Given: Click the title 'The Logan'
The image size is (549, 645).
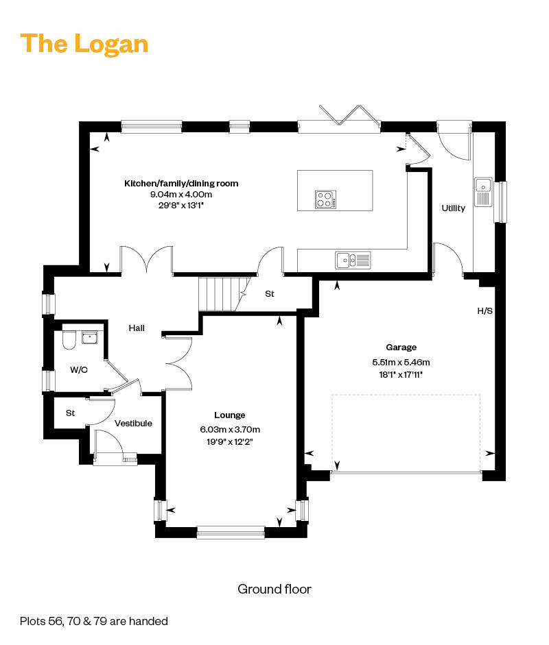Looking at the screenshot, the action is (84, 44).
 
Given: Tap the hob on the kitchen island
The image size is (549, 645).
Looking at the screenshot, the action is (326, 199).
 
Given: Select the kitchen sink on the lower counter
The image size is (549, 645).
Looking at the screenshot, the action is (353, 260).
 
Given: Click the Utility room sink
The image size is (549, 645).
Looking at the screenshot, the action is (483, 192).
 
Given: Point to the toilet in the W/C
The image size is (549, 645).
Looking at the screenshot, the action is (69, 339).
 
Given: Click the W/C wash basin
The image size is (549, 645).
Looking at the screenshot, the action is (89, 338).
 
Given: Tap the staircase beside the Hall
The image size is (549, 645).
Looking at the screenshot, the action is (224, 294).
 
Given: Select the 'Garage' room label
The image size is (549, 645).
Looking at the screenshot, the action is (401, 348).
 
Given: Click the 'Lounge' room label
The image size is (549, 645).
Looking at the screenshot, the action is (229, 415).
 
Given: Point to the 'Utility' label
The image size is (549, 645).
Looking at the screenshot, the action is (453, 208).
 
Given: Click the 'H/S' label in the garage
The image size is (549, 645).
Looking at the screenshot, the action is (484, 311).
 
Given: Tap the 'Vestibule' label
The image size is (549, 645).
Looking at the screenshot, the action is (133, 424).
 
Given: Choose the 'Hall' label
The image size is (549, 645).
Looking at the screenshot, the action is (137, 328).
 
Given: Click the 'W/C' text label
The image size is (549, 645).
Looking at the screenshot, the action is (79, 370).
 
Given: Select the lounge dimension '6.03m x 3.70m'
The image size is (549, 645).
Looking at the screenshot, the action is (230, 430).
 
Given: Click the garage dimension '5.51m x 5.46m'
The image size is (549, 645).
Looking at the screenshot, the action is (401, 362).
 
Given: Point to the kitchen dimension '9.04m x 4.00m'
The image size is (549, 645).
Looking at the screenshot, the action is (181, 194).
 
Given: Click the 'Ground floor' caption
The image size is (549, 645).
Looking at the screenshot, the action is (274, 589).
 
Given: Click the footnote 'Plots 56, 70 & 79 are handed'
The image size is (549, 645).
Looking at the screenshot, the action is (94, 621).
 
